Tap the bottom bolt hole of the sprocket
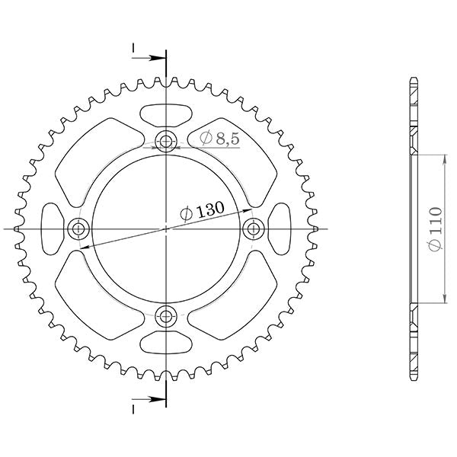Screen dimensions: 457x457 [165, 315]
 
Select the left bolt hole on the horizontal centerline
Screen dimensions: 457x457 [78, 228]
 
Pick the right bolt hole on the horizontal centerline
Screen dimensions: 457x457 [253, 228]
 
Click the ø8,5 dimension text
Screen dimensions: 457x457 [220, 138]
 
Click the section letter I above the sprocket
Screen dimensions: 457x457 [134, 50]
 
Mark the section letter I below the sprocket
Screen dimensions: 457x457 [134, 407]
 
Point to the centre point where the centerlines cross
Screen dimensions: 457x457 [165, 228]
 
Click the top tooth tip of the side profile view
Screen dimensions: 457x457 [413, 79]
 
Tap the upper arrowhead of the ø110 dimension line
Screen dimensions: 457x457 [444, 156]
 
